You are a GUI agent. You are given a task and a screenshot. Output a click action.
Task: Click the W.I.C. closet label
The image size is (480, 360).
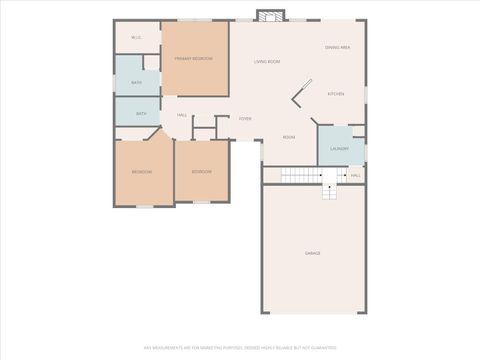tap(136, 38)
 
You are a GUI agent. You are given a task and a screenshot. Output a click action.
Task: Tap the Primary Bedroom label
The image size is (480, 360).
tap(195, 59)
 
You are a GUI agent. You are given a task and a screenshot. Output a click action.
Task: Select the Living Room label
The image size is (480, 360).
tap(267, 62)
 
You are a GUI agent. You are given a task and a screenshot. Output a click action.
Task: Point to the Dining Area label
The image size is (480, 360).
tap(337, 47)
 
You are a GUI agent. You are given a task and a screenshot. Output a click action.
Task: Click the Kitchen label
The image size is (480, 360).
tap(336, 94)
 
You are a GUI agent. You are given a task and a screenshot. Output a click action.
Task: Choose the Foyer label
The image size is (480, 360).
tap(245, 119)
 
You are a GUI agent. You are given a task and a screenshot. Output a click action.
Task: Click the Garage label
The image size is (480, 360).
tap(313, 253)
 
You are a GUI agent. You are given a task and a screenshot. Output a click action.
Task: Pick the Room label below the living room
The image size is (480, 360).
tap(289, 137)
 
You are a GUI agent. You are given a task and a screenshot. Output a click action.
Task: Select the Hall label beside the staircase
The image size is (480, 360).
tap(356, 176)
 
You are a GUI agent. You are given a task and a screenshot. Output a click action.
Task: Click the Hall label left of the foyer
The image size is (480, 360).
tap(182, 115)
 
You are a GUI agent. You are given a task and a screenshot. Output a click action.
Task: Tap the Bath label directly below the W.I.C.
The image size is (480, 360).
tap(136, 82)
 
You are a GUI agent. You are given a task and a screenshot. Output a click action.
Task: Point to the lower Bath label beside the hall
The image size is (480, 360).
tap(141, 114)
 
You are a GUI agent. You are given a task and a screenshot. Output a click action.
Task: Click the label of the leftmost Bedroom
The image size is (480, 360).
tap(142, 172)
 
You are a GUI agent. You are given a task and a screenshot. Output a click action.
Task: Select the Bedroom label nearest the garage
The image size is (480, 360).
tap(201, 172)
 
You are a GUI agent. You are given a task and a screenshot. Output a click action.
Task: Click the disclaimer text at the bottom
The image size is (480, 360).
tap(240, 348)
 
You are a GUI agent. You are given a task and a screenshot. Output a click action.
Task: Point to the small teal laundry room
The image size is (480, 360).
tap(340, 143)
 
